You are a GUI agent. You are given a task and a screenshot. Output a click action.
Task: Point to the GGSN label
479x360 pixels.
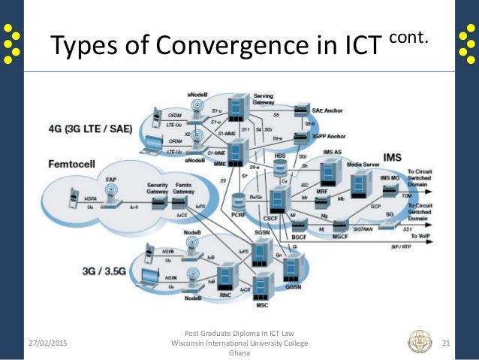point(294,285)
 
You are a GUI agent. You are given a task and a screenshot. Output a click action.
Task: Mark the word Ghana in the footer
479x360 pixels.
point(239,353)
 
